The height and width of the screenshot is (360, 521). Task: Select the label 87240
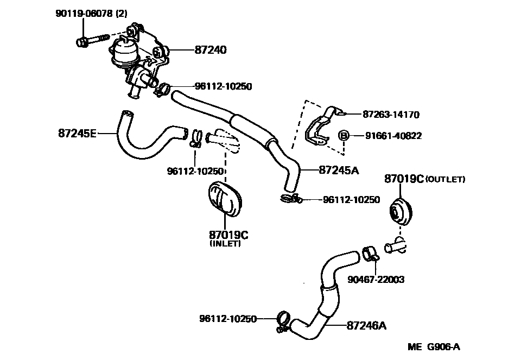211,50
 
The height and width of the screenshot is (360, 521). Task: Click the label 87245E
77,132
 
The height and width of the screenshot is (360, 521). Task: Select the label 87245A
339,170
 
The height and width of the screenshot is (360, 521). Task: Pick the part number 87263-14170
391,115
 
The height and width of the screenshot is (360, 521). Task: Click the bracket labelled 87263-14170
319,128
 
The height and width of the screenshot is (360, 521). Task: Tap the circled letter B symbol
343,135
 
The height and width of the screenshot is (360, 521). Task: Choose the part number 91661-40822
393,136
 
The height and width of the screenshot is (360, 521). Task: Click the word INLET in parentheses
225,244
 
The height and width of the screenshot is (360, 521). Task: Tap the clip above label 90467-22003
370,254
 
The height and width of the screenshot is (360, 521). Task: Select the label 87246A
366,326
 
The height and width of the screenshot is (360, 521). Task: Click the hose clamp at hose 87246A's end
282,320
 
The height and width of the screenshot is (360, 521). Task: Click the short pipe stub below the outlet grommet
395,249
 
